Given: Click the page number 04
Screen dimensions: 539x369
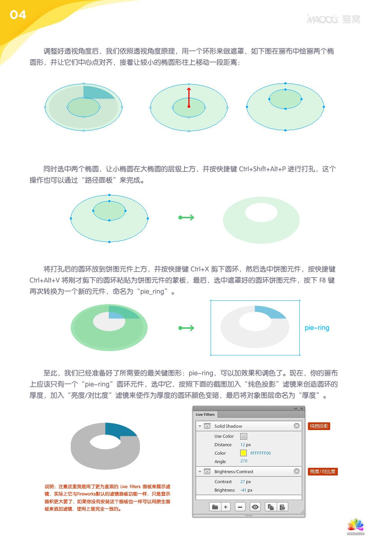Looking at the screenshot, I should point(18,15).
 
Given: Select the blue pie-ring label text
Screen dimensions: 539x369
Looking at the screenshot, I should point(317,328).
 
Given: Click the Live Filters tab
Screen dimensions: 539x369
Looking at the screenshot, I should point(205,415).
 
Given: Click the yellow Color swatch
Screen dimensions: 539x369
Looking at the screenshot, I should point(243,453).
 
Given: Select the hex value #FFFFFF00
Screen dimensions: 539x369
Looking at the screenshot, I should point(260,453).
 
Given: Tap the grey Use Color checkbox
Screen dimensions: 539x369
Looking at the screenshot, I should point(243,436).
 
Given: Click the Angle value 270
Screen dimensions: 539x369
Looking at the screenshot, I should point(244,461).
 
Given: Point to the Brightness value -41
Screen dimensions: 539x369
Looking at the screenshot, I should point(243,490).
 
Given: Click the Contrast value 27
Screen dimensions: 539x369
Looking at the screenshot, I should point(243,482).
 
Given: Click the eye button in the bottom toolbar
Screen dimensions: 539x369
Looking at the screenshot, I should point(255,507).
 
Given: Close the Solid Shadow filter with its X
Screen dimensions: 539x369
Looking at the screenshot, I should point(296,426).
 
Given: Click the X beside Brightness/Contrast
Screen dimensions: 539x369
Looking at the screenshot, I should point(296,472).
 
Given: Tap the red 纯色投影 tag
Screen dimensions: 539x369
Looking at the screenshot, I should point(319,426).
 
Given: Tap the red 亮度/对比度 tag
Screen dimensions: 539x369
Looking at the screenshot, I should point(322,472).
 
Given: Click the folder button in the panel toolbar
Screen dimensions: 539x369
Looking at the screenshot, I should point(215,507).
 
